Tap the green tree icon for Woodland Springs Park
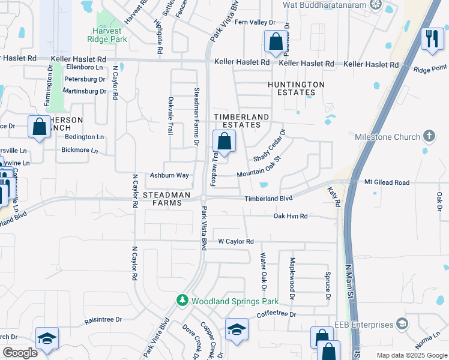(181, 299)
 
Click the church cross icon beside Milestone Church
(429, 136)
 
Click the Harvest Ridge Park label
(109, 35)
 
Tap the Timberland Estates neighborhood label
(238, 121)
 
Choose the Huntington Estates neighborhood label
(296, 89)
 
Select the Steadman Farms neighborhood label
(167, 199)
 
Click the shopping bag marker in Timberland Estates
(224, 142)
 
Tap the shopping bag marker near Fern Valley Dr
(276, 42)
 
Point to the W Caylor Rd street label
(236, 241)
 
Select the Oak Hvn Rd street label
(291, 216)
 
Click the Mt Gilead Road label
(387, 182)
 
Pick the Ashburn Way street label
(169, 175)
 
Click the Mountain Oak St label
(259, 168)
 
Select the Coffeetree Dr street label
(277, 314)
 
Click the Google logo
(20, 353)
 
